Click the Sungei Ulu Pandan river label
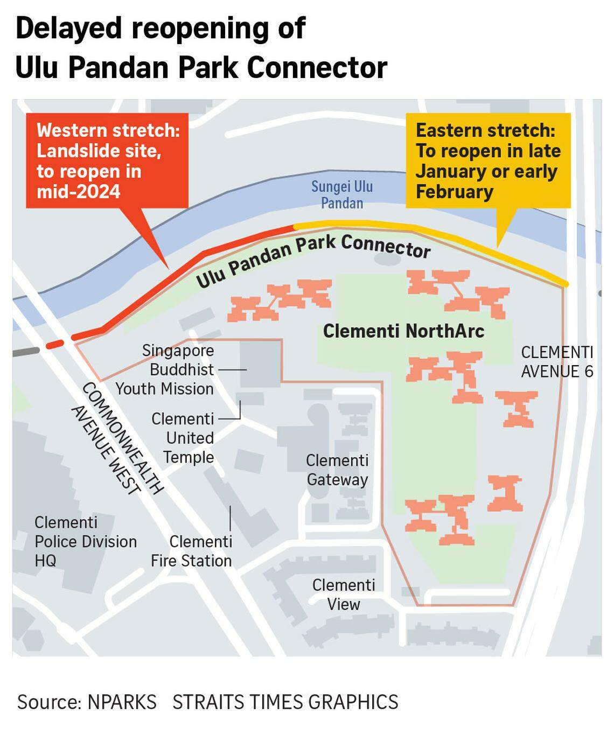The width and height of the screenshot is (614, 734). click(342, 195)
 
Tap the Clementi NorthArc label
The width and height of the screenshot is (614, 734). click(403, 331)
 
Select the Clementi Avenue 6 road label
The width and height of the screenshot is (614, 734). click(557, 362)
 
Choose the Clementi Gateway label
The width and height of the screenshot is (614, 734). click(337, 470)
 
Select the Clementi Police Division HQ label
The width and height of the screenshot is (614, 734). click(85, 541)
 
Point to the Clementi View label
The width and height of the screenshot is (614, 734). click(344, 595)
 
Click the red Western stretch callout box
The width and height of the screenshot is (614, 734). click(107, 160)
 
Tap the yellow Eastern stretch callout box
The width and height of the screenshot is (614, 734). click(487, 160)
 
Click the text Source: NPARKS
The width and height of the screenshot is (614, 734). click(87, 702)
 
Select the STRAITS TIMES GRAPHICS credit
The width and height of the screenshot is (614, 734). click(285, 702)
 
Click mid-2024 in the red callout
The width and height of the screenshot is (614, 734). click(79, 192)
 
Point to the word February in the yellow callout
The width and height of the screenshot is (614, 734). click(455, 192)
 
